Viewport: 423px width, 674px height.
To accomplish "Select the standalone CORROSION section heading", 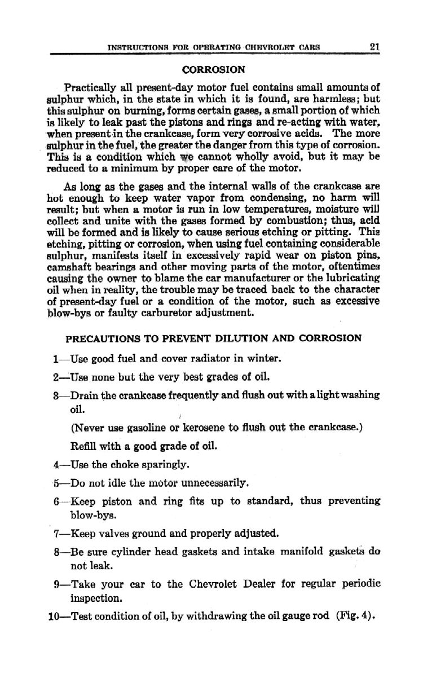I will pos(214,71).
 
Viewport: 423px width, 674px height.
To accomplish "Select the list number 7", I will pos(56,532).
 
